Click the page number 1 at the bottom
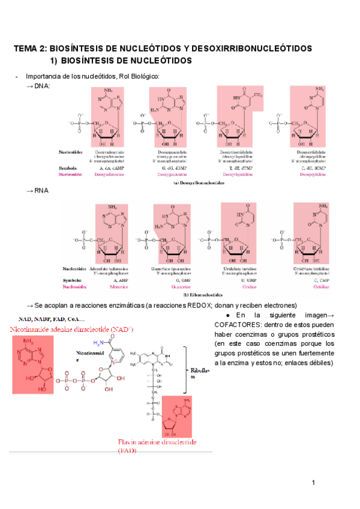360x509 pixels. pyautogui.click(x=313, y=483)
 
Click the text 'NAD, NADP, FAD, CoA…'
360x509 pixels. pyautogui.click(x=50, y=319)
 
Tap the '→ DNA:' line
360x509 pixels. pyautogui.click(x=38, y=85)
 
